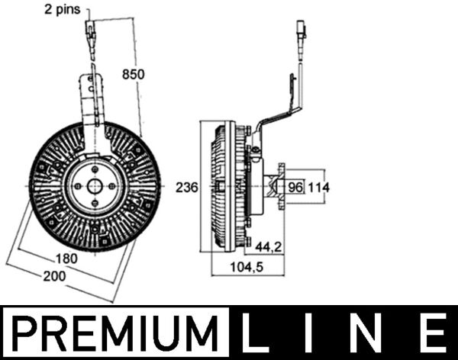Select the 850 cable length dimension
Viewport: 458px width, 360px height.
pyautogui.click(x=134, y=73)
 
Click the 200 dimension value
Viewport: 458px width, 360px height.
pyautogui.click(x=54, y=277)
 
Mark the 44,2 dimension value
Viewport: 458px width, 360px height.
pyautogui.click(x=268, y=246)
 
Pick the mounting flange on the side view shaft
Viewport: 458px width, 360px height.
pyautogui.click(x=280, y=186)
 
